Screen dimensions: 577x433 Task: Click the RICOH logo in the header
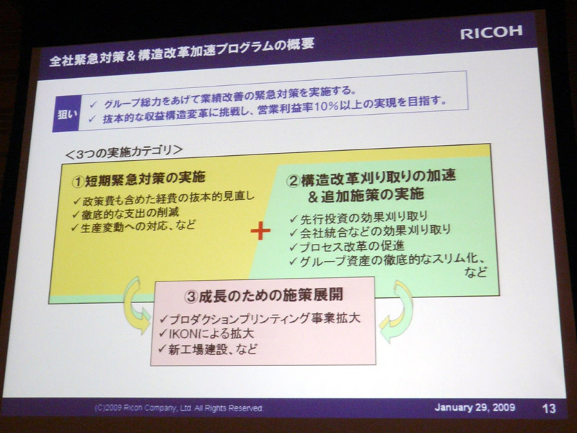coord(491,32)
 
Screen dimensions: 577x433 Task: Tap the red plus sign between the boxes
coord(260,231)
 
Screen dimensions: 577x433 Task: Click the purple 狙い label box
coord(66,114)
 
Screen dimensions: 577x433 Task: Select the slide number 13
coord(549,408)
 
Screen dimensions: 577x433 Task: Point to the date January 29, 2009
coord(475,408)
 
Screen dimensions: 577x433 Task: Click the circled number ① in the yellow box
coord(79,181)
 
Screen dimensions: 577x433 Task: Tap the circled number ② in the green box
coord(294,180)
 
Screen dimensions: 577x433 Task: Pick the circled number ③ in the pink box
coord(191,297)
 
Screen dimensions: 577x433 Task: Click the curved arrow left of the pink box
coord(136,305)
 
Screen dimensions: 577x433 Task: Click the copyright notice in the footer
coord(179,408)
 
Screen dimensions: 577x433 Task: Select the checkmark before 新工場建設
coord(162,348)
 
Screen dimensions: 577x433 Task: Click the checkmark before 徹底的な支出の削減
coord(76,214)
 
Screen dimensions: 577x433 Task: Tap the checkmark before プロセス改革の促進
coord(294,246)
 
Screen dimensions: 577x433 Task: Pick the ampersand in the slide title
coord(130,56)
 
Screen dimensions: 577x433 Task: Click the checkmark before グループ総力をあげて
coord(93,105)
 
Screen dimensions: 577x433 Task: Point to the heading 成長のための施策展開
coord(271,295)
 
